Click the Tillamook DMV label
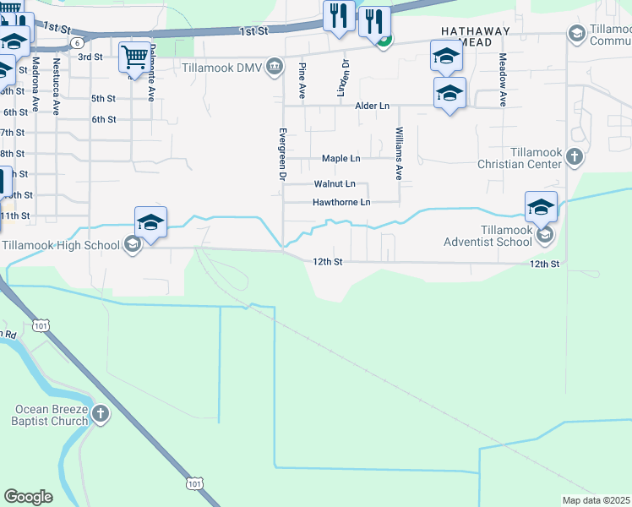tap(221, 67)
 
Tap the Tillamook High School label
tap(60, 245)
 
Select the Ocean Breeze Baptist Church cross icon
tap(101, 414)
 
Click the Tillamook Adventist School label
tap(484, 236)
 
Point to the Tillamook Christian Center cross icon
tap(575, 156)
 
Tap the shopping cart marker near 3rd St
tap(133, 58)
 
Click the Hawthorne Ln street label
tap(341, 203)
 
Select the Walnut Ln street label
tap(335, 183)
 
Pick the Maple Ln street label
tap(341, 159)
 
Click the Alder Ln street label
tap(372, 106)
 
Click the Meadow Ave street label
tap(502, 79)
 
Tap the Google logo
tap(28, 497)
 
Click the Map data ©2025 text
tap(596, 500)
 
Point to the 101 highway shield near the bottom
tap(194, 483)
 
